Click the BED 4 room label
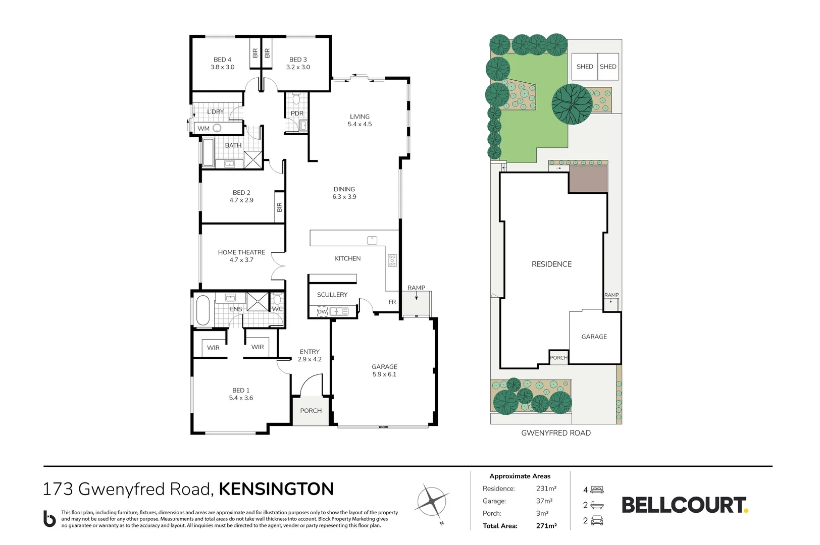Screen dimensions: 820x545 point(222,59)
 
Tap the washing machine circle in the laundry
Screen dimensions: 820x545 point(217,128)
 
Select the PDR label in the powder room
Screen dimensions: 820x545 point(297,114)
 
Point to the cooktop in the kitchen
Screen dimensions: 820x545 point(392,260)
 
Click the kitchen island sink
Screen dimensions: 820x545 point(372,240)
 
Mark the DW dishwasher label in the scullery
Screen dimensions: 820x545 point(322,312)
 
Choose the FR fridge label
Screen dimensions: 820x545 point(392,302)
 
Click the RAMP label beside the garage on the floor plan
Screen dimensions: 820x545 point(416,288)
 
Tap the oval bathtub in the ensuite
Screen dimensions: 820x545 point(203,310)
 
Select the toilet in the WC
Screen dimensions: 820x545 point(277,299)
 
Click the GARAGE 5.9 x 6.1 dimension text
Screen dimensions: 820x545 point(384,374)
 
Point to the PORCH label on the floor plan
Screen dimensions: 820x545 point(311,410)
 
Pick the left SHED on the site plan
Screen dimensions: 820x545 point(585,67)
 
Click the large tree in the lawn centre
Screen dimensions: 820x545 point(572,104)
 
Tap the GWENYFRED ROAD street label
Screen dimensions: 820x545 point(556,432)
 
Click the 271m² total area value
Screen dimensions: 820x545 point(546,526)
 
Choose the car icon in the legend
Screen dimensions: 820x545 point(597,520)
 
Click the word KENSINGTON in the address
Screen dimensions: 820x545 point(276,489)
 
